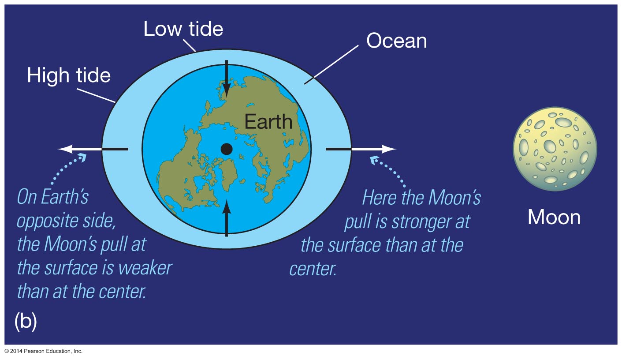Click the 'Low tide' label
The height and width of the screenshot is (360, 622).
(183, 29)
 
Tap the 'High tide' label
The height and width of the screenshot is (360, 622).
(69, 75)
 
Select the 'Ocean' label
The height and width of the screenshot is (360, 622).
(397, 41)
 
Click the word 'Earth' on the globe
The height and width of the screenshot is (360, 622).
(268, 121)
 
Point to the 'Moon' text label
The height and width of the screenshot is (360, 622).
(554, 217)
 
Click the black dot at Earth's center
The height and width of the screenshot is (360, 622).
(227, 149)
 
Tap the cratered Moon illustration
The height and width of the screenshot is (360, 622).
(555, 149)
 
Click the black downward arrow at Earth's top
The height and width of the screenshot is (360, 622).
(227, 79)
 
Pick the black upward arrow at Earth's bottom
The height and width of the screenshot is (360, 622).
(227, 218)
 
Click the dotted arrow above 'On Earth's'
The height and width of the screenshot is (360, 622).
(66, 168)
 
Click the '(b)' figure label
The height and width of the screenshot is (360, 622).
(26, 321)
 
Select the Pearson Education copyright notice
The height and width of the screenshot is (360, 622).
(44, 351)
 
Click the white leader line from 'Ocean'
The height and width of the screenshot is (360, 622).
(331, 64)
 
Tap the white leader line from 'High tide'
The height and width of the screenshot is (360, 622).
(96, 96)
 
